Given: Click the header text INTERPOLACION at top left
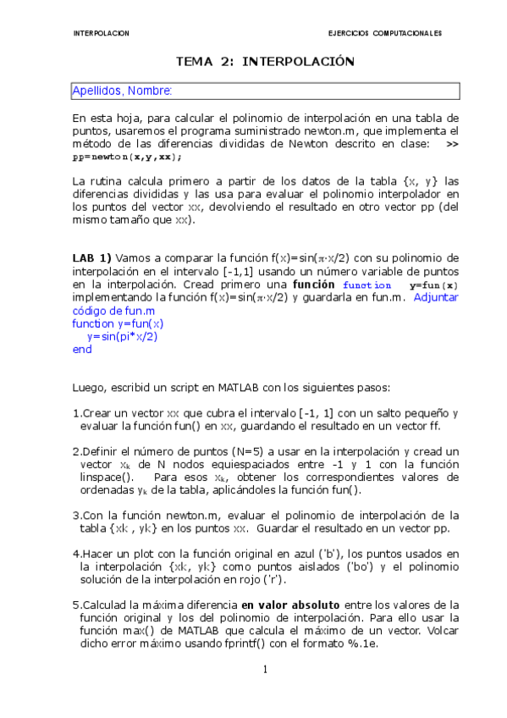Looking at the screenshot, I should (x=102, y=33).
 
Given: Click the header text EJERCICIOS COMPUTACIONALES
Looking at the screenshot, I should (x=384, y=33).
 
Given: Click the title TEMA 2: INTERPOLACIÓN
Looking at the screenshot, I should (x=263, y=62).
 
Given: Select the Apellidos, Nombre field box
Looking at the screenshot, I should (x=265, y=91).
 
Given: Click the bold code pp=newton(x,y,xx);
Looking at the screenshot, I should (x=126, y=157).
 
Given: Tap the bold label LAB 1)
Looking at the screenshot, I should (x=91, y=257).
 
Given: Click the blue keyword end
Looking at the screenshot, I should (x=82, y=349).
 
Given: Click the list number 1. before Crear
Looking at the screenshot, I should (x=77, y=413).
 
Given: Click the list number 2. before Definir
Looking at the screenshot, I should (x=77, y=451).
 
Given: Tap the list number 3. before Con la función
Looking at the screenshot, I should (x=77, y=515).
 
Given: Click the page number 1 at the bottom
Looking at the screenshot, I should (x=265, y=671).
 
